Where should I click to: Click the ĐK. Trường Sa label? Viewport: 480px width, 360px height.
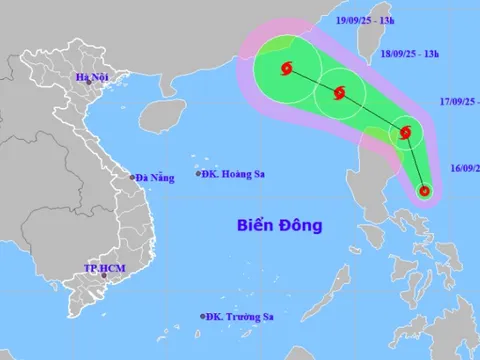[240, 317]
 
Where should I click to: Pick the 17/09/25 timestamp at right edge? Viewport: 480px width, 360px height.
[457, 101]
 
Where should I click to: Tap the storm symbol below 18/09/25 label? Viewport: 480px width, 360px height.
[341, 95]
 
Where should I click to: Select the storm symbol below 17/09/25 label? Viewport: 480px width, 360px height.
[406, 133]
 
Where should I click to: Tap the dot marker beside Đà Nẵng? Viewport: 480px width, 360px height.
[130, 178]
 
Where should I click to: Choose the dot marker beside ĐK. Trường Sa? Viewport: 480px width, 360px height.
[202, 317]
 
